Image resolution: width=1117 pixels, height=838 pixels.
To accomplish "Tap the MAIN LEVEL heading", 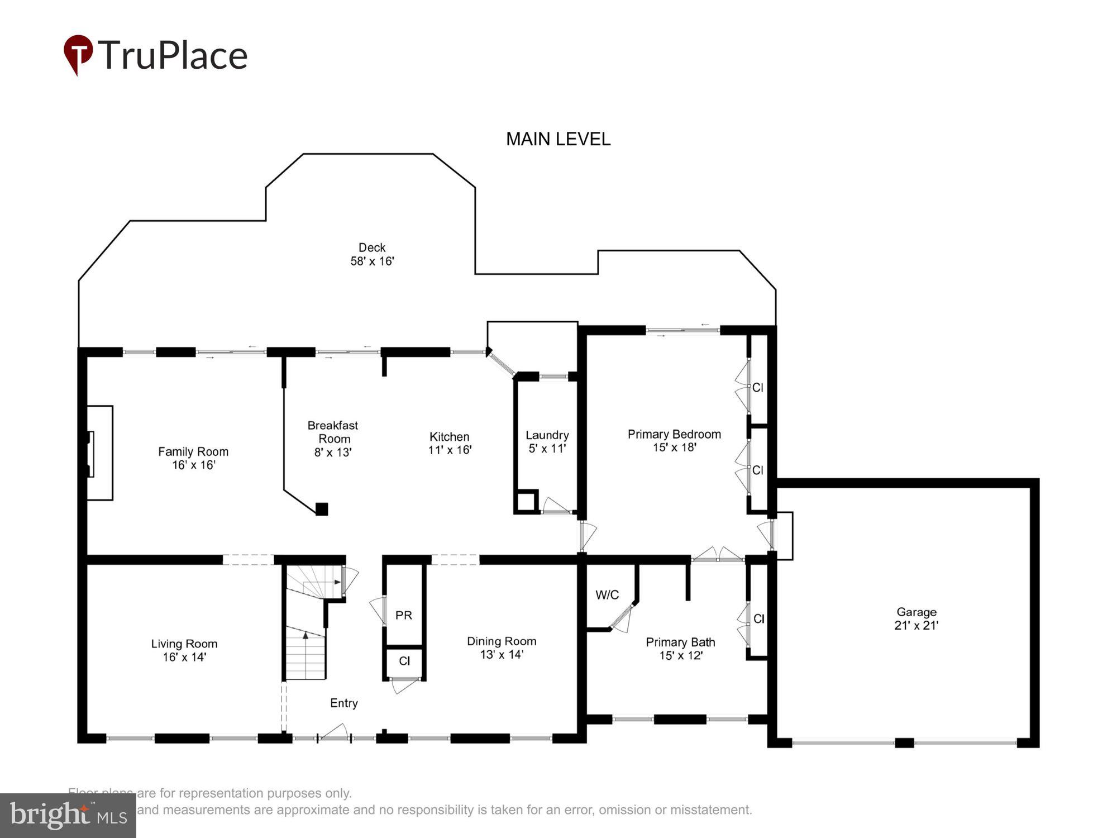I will click(x=558, y=139).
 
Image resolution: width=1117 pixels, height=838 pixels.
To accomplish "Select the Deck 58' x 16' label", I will click(x=372, y=254).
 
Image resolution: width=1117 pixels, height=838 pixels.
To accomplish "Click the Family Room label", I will click(x=193, y=458).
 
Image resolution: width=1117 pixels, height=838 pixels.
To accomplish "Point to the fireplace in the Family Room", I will click(x=99, y=453).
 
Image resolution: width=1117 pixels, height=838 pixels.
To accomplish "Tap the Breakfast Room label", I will click(x=333, y=439).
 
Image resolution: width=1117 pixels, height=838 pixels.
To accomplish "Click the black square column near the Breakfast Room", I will click(x=322, y=509).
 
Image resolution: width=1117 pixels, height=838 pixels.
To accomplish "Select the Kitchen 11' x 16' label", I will click(x=450, y=443).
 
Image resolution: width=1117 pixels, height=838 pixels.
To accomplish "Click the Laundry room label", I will click(x=547, y=441).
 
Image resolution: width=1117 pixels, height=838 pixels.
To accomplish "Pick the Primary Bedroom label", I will click(x=674, y=440).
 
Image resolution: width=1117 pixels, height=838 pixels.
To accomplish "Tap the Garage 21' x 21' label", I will click(x=916, y=618).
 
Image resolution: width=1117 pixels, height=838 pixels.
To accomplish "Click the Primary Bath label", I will click(x=680, y=649).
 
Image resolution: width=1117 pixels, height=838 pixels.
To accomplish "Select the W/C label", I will click(x=607, y=595).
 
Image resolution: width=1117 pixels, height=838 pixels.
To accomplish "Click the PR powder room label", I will click(x=404, y=615).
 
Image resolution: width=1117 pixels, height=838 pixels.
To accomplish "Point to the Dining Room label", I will click(x=502, y=647).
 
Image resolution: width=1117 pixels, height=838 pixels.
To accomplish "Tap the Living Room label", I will click(x=184, y=650).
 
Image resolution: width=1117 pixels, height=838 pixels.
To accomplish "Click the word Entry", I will click(x=343, y=703).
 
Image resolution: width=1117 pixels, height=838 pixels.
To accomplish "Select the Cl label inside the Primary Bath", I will click(x=758, y=618).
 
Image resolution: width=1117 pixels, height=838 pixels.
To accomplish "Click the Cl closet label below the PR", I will click(x=404, y=661).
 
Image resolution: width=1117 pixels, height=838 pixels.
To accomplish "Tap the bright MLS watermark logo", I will click(x=68, y=815).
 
